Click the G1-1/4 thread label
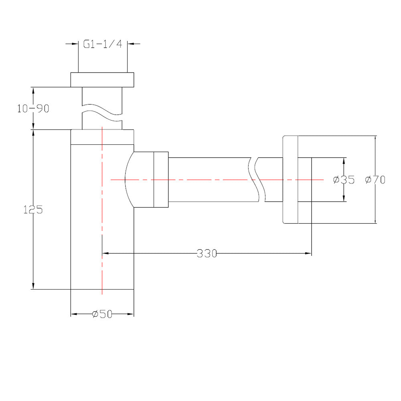[x=102, y=44]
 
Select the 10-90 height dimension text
[x=33, y=108]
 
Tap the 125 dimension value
[x=33, y=209]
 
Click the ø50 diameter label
[x=102, y=314]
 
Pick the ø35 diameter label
[x=344, y=180]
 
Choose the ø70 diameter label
[x=375, y=180]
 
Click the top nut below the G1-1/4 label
[x=102, y=79]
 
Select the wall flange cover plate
[x=290, y=180]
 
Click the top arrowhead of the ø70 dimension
[x=375, y=139]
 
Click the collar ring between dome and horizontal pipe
[x=161, y=180]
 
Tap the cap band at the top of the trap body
[x=102, y=137]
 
